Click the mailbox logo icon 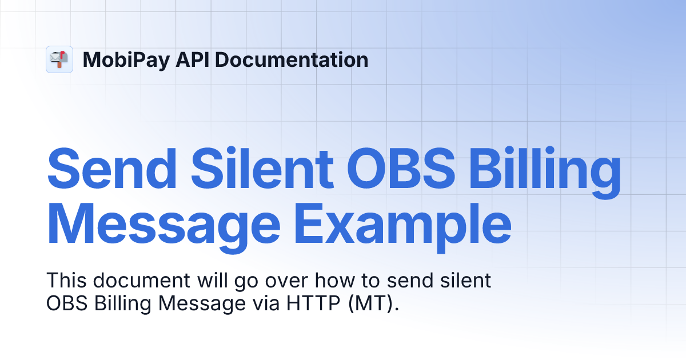tap(59, 59)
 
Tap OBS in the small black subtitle tap(65, 303)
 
